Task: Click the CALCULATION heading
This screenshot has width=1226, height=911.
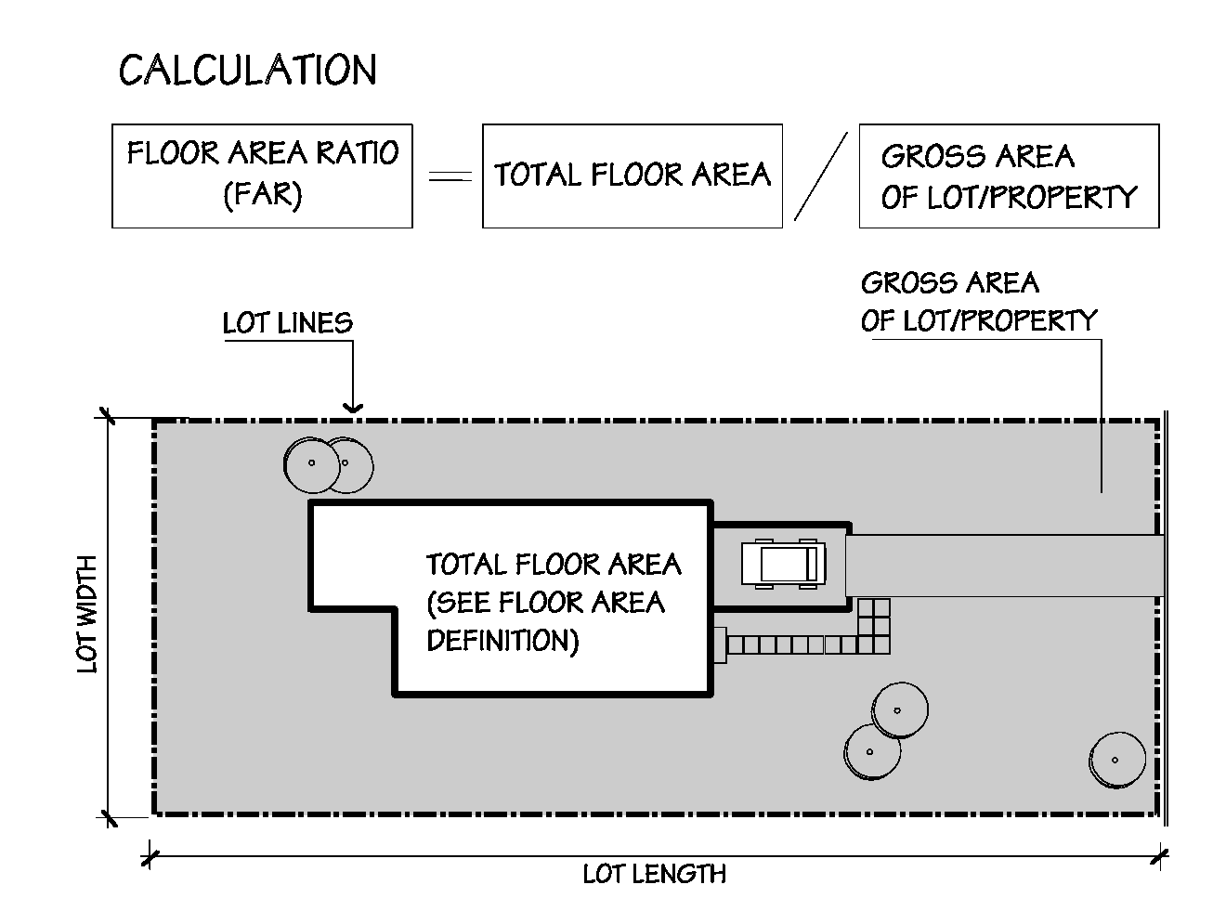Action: point(248,71)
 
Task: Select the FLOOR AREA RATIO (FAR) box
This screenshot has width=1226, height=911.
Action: point(262,176)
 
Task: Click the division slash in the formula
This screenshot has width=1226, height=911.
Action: point(820,176)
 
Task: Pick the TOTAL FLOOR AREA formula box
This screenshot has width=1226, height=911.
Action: point(632,176)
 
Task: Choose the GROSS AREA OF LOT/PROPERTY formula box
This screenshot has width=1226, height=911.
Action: point(1009,176)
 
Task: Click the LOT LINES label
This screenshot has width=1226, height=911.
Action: point(288,323)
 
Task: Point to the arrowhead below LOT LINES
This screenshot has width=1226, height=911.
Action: point(352,406)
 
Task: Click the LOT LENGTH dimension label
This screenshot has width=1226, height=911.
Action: point(655,874)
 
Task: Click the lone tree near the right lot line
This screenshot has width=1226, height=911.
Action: point(1117,760)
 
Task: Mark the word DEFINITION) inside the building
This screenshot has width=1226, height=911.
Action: point(502,641)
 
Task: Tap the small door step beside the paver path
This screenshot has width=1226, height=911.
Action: point(719,644)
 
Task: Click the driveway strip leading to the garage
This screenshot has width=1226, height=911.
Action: point(1003,566)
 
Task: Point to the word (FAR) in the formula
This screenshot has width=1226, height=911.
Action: point(263,196)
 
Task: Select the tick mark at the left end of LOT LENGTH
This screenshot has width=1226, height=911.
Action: point(149,854)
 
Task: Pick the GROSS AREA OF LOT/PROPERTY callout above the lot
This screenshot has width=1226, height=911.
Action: point(979,301)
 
